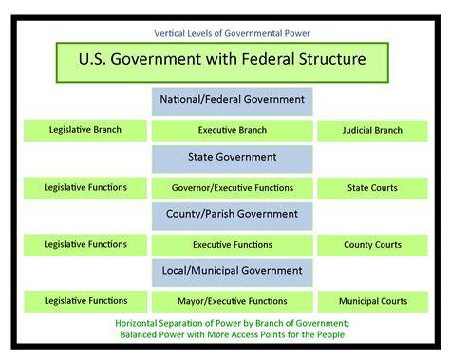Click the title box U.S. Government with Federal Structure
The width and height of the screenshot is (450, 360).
click(x=222, y=63)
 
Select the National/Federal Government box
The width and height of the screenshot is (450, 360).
click(x=233, y=102)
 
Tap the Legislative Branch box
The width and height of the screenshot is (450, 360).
click(x=85, y=130)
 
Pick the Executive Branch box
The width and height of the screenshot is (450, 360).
click(x=233, y=130)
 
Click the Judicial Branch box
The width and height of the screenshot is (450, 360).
click(x=372, y=130)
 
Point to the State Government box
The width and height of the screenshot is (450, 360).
click(x=233, y=160)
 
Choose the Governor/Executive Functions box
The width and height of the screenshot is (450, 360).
click(x=233, y=188)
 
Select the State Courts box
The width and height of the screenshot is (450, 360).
click(x=372, y=188)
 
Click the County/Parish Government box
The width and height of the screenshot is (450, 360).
click(x=233, y=217)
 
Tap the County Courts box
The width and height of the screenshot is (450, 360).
click(x=372, y=245)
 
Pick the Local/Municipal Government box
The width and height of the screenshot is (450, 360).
click(x=233, y=273)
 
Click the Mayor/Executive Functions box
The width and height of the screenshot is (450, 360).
click(x=233, y=301)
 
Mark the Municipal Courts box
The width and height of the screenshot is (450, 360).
click(x=373, y=301)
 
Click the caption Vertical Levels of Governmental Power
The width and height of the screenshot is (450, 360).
click(x=232, y=33)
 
